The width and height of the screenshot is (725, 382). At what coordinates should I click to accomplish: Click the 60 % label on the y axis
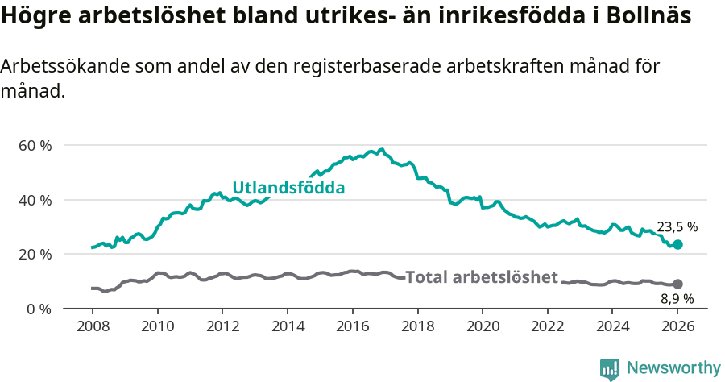coord(35,146)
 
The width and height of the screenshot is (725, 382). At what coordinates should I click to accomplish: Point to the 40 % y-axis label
coord(35,200)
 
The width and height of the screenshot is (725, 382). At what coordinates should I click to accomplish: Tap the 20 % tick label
coord(35,255)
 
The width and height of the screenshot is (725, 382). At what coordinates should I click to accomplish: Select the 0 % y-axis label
coord(39,309)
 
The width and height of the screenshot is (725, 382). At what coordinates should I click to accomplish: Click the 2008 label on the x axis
coord(93,327)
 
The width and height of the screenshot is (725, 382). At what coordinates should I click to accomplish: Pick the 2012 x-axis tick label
coord(222,327)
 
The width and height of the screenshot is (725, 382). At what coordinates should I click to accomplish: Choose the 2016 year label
coord(353,327)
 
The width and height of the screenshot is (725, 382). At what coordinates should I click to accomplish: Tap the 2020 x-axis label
coord(483,327)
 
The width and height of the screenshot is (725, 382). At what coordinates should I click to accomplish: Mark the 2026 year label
coord(677,327)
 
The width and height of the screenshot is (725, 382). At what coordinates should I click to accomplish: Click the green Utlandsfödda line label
coord(288,188)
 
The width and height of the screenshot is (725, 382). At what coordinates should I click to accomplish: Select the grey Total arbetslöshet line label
coord(482,277)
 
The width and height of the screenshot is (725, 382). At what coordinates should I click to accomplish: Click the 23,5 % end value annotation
coord(677,227)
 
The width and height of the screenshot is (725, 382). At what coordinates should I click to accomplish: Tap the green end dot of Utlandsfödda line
coord(677,244)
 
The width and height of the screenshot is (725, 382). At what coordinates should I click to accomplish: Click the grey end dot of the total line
coord(677,284)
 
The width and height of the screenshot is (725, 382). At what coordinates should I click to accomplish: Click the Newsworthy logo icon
coord(610,368)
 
